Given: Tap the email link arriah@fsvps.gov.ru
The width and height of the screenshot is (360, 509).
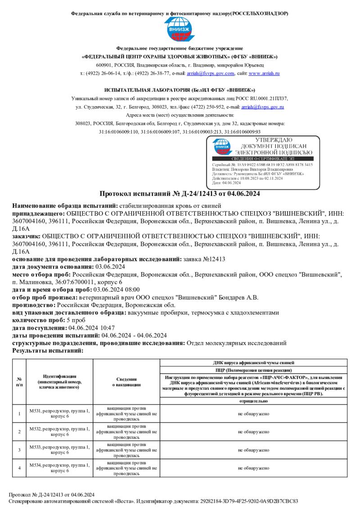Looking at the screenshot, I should [263, 107].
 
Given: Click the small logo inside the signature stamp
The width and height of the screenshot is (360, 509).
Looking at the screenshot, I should [223, 146].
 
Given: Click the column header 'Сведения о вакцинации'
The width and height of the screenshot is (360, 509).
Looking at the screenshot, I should [126, 382].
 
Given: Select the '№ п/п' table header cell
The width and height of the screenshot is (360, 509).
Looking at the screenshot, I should [19, 382].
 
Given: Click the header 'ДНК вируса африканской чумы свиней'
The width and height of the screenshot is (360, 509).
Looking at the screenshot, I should [254, 362].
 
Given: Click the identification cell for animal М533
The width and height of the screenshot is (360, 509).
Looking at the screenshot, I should [59, 450].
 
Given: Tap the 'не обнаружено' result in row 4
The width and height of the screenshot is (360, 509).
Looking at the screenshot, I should [254, 468].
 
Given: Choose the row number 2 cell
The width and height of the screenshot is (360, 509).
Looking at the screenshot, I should [19, 432].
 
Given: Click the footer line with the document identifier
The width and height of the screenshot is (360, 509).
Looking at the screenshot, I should [153, 501].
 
